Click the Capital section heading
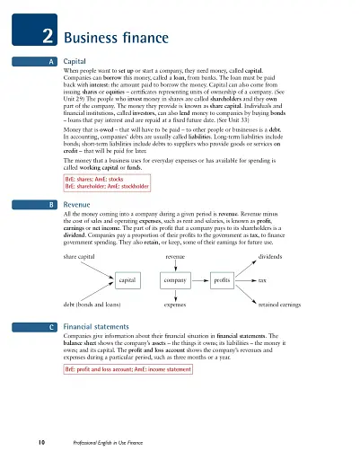tap(79, 60)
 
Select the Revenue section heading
tap(82, 205)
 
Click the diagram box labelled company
tap(174, 280)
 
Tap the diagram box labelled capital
tap(127, 280)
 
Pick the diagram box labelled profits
tap(222, 280)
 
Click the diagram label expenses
tap(174, 305)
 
